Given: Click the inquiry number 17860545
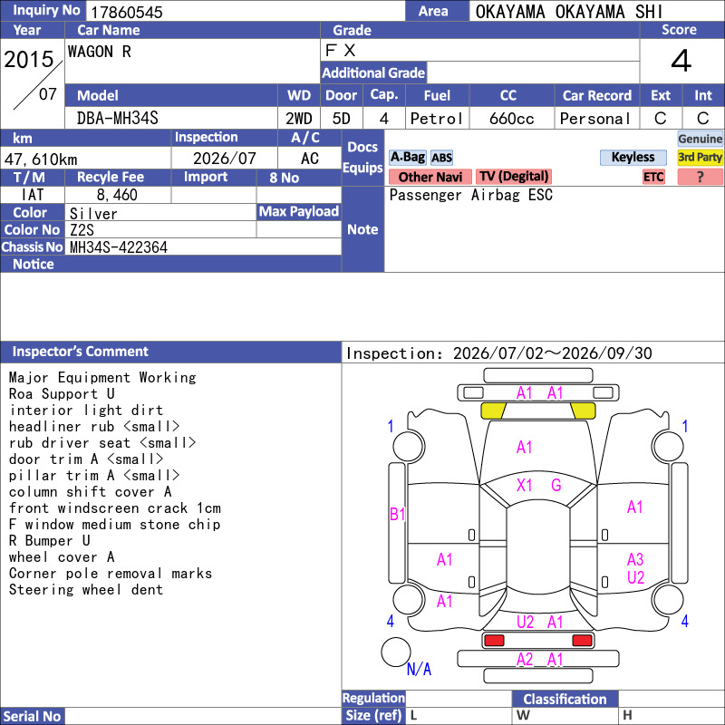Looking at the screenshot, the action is coord(127,12).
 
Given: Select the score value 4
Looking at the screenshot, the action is coord(681,61).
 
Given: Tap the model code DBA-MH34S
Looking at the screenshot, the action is coord(118,119).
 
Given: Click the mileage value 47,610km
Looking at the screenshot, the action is coord(41,159).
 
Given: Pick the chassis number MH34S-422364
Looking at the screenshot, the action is coord(119,247).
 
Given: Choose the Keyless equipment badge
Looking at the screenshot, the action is coord(633,157).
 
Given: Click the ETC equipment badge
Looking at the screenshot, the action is coord(653,177).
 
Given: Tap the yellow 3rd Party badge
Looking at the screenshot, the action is coord(700,157).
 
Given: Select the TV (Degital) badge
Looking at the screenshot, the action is coord(514,177).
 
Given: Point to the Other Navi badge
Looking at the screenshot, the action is coord(430,177).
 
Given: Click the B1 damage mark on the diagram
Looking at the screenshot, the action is coord(397,514).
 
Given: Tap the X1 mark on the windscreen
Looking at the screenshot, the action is coord(524,485).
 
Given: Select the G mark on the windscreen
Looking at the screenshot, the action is coord(556,485).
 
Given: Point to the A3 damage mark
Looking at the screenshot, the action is coord(635,559).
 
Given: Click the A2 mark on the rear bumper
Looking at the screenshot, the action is coord(525,660).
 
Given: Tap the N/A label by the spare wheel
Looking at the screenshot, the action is coord(419,669).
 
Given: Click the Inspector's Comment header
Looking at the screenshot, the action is coord(81,352).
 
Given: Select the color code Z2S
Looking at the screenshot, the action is coord(82,230).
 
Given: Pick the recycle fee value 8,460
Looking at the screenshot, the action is coord(117,195).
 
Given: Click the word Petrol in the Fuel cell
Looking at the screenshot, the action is coord(437,119).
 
